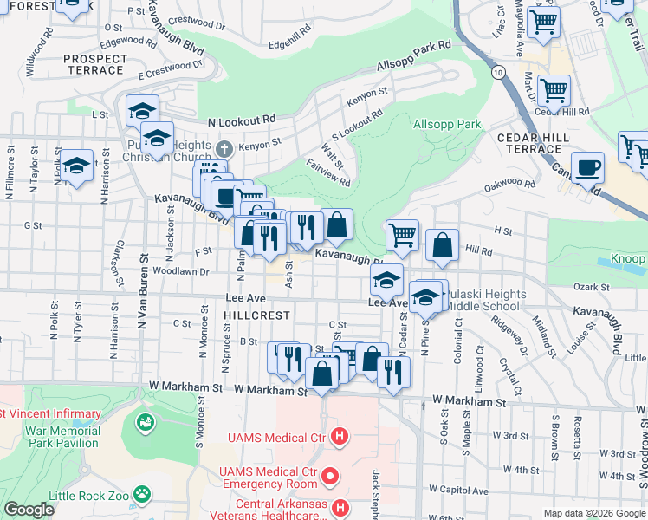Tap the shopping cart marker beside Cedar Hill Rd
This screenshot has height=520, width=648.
(554, 89)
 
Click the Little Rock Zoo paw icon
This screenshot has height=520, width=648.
(141, 494)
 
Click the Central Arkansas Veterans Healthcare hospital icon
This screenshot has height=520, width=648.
(340, 507)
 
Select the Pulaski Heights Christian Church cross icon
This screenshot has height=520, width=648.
(224, 147)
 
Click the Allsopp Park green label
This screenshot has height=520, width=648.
(447, 125)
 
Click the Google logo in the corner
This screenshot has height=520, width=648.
(29, 510)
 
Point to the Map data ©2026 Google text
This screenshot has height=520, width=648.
(594, 513)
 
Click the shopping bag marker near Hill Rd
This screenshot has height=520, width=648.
(442, 244)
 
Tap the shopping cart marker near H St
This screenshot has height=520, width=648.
(402, 234)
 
